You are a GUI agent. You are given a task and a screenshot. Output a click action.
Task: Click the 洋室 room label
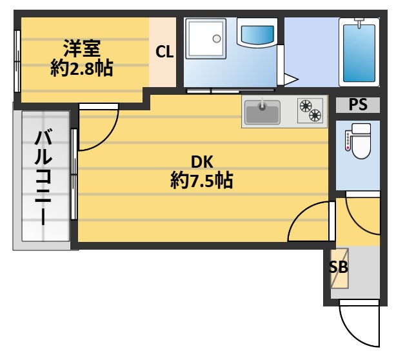tap(81, 49)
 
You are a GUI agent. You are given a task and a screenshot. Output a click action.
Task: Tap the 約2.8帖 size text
tap(81, 68)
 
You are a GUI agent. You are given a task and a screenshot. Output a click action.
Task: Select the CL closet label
tap(164, 52)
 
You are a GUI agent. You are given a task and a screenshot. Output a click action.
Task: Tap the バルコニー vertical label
tap(44, 176)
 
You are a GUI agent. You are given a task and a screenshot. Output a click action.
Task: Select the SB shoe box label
tap(339, 268)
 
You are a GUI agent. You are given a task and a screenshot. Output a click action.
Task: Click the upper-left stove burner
tap(304, 105)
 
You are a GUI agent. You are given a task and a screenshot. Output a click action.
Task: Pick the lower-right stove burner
tap(315, 115)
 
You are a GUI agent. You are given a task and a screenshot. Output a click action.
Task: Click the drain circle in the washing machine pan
tap(217, 39)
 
